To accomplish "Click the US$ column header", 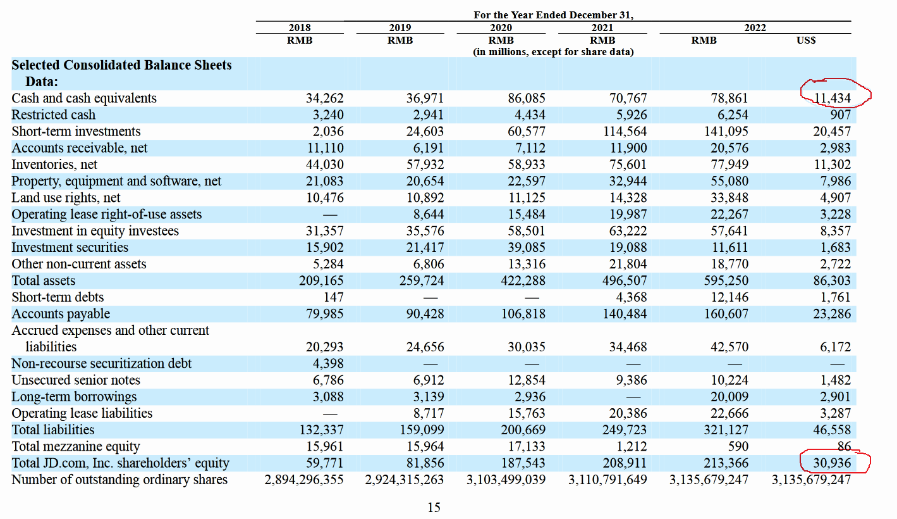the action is [806, 40].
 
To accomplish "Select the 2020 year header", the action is [501, 27].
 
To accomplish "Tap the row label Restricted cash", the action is [53, 115].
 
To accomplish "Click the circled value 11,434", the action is [832, 98].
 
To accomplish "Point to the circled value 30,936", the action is [832, 463].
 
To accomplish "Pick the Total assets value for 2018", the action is [321, 280].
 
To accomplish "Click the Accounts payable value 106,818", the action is [523, 314].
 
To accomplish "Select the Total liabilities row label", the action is [53, 430].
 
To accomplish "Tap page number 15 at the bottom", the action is [434, 508].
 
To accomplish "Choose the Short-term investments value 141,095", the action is [726, 131].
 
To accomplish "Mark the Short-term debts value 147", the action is [333, 297].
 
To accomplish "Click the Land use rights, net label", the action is [66, 197].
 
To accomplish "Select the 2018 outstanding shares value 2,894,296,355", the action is [303, 480].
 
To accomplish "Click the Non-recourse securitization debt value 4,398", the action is [328, 363].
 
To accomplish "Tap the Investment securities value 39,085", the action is [526, 247].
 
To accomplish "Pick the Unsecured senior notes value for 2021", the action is [631, 380].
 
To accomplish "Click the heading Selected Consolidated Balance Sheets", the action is [122, 65].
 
